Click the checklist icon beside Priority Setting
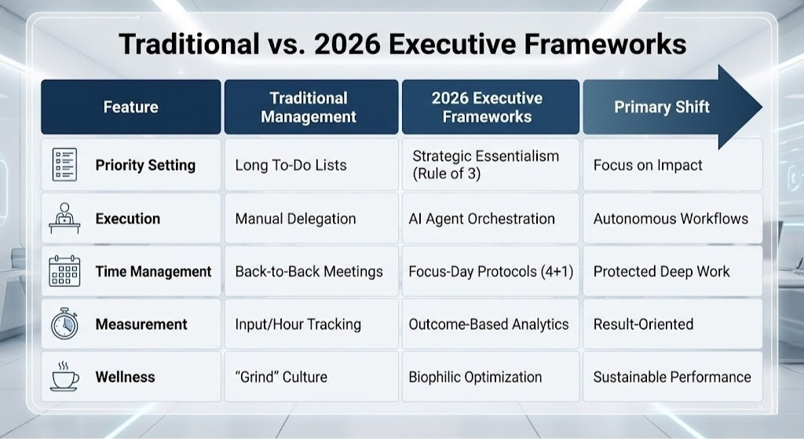click(64, 165)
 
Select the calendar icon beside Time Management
click(64, 272)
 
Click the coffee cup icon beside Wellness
click(64, 377)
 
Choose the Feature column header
click(130, 107)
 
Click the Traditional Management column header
click(309, 108)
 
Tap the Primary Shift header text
click(661, 107)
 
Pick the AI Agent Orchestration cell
click(481, 218)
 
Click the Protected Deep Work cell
click(661, 272)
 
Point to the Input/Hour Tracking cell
click(298, 324)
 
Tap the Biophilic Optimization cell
click(475, 377)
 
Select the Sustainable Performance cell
click(672, 377)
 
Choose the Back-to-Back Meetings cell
click(309, 272)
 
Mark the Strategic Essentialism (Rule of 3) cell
click(485, 165)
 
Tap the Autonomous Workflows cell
click(671, 218)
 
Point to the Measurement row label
click(141, 324)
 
